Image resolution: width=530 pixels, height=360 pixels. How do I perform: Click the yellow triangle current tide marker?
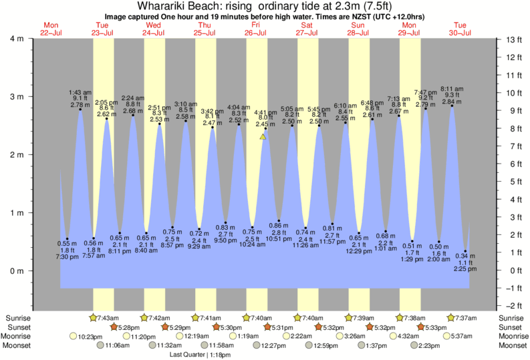coord(263,136)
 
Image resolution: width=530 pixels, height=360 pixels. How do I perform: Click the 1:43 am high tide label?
coord(80,92)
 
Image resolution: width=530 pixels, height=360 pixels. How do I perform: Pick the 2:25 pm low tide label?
coord(466,270)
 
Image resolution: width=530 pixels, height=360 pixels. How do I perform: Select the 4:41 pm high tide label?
coord(265,112)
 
